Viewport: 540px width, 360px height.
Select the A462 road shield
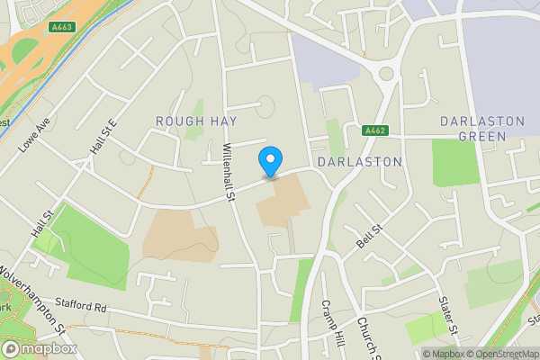[x=375, y=131]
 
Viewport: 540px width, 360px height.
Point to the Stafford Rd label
[x=81, y=307]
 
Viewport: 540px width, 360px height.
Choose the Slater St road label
[x=446, y=313]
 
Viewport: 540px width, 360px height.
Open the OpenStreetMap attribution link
[x=501, y=353]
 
